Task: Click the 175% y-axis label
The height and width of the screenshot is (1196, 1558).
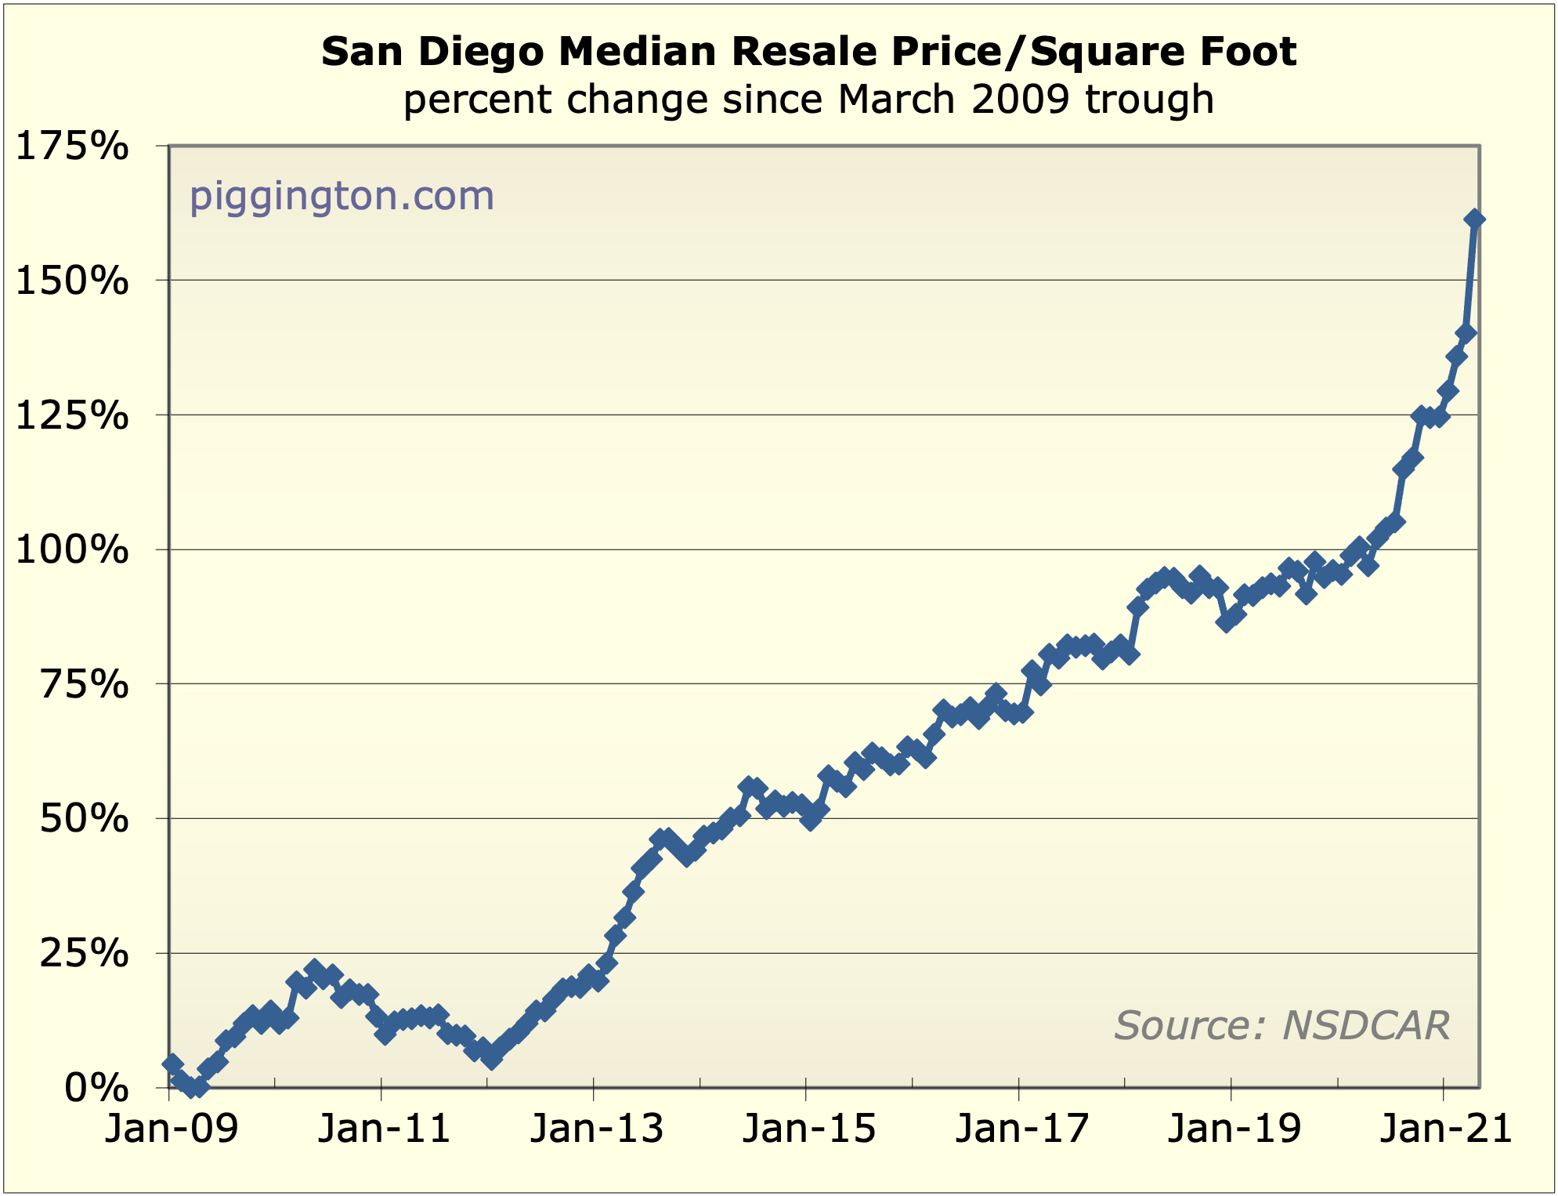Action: point(72,147)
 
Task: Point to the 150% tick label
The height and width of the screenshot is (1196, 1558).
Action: point(72,281)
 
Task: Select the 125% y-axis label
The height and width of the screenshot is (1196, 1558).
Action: point(72,416)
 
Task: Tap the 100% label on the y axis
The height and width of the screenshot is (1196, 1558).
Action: point(72,551)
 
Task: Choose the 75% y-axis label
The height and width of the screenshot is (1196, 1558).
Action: point(83,685)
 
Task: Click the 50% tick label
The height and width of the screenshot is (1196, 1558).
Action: point(83,820)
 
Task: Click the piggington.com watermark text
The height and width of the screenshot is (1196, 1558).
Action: point(342,196)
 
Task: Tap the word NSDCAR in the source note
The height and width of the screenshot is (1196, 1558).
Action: point(1366,1025)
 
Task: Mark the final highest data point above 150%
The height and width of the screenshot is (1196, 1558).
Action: point(1473,219)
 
